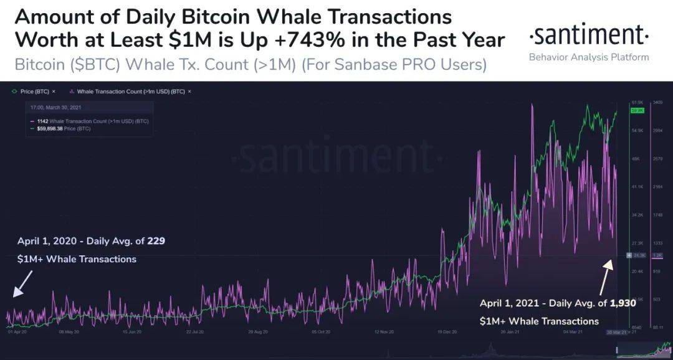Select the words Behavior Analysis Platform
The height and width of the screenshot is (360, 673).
589,57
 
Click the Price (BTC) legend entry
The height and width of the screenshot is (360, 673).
34,92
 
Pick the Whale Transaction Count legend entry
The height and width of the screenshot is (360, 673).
131,92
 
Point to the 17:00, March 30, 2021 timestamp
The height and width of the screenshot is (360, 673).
55,107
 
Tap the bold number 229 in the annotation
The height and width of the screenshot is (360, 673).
156,240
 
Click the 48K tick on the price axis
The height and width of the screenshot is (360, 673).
636,159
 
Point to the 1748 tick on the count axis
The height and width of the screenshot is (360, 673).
657,215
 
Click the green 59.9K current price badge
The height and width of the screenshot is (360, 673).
637,110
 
